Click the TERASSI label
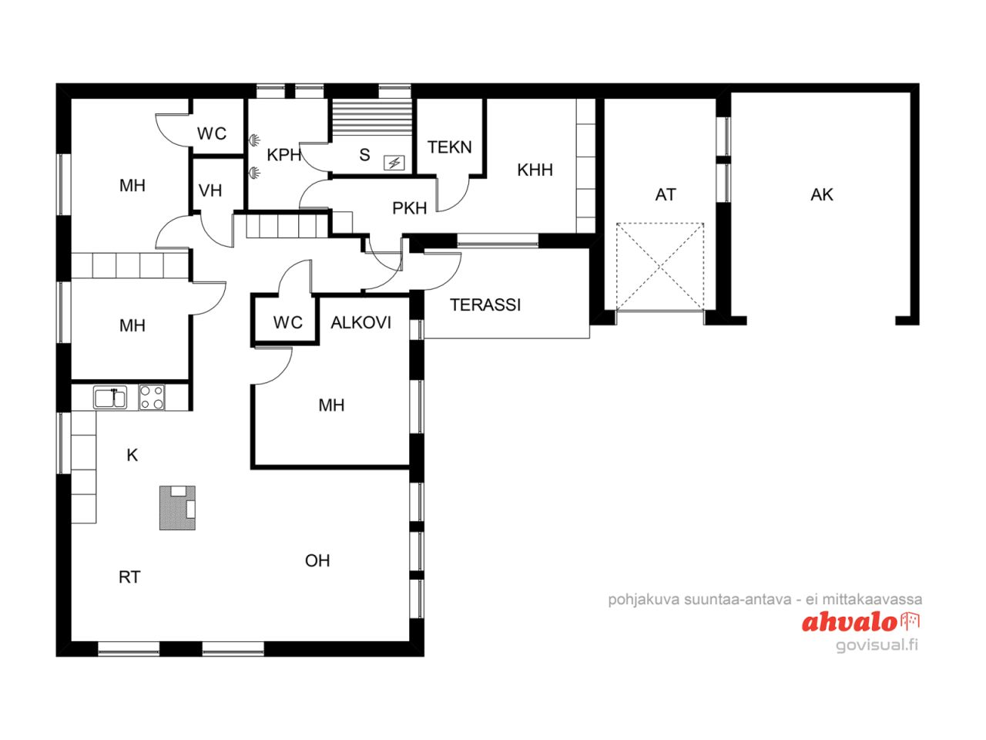tap(485, 305)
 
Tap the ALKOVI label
tap(361, 323)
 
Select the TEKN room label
tap(449, 147)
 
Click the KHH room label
tap(535, 170)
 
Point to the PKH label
tap(409, 208)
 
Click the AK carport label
tap(822, 195)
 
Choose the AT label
tap(666, 195)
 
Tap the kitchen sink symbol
tap(110, 398)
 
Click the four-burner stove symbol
tap(152, 398)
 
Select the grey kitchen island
tap(177, 507)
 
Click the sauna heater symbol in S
tap(394, 163)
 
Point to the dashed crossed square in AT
tap(660, 267)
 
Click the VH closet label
tap(210, 190)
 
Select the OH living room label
tap(317, 561)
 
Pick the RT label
tap(129, 577)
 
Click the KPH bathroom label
tap(283, 156)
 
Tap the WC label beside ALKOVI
tap(287, 323)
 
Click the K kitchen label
tap(132, 456)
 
